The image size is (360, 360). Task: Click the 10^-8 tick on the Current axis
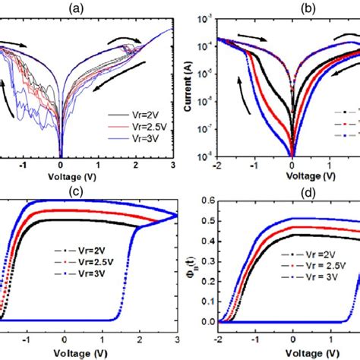pos(204,158)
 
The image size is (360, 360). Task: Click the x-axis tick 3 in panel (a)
pos(174,165)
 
